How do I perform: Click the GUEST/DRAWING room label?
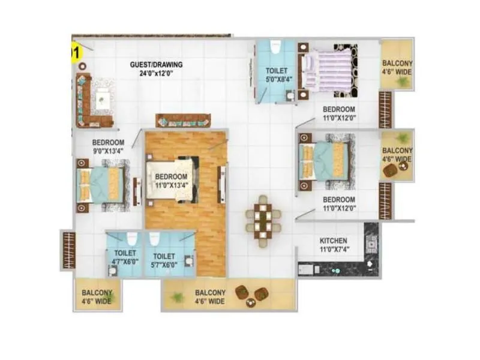157,65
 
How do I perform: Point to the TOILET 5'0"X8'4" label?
277,75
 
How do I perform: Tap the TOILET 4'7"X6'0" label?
125,258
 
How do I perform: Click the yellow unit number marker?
75,53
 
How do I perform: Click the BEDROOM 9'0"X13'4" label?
109,147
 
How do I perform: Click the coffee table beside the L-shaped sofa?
103,98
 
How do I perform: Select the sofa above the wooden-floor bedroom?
182,120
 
